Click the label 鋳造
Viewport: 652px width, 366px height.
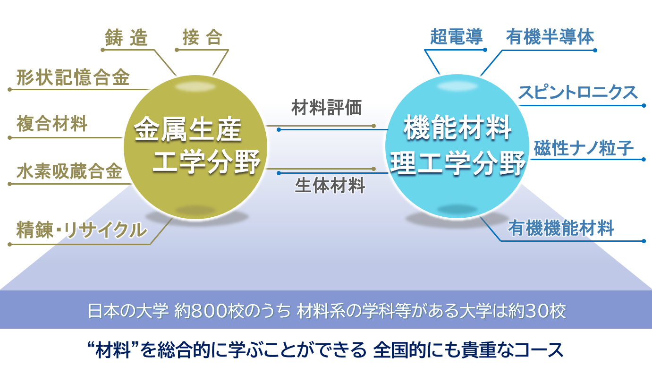click(127, 38)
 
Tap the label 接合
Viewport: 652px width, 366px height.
click(203, 37)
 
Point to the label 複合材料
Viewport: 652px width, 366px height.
click(52, 123)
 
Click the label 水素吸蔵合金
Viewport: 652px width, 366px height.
click(69, 171)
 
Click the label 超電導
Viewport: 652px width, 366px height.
click(457, 37)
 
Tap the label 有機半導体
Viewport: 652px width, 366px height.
click(550, 37)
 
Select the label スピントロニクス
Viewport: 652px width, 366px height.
click(578, 92)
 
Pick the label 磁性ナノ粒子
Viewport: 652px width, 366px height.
click(584, 148)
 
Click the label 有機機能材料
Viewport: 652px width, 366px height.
click(561, 228)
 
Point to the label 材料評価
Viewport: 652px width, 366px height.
click(327, 107)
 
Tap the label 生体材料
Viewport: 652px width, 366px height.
click(330, 185)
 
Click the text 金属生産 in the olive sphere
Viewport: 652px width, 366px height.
click(188, 129)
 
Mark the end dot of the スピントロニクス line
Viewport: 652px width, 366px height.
click(644, 105)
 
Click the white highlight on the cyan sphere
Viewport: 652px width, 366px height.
click(457, 86)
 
